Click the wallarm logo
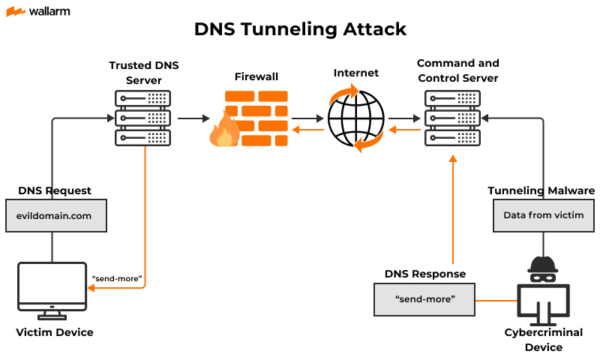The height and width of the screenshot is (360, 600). (x=38, y=11)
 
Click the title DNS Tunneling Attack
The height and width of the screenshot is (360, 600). (x=300, y=29)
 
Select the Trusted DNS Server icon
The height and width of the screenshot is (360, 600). (x=142, y=118)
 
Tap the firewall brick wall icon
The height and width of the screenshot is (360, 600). (x=256, y=118)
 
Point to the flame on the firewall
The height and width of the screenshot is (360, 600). (x=224, y=129)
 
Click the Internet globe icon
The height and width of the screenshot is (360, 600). (x=356, y=118)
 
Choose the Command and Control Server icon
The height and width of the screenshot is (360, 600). (x=453, y=118)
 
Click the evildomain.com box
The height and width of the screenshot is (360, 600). (x=56, y=215)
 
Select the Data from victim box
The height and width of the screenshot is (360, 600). (x=544, y=215)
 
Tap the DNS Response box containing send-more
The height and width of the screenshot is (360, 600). (x=424, y=299)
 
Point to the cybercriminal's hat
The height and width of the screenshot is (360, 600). (x=543, y=264)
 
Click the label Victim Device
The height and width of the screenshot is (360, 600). (x=55, y=332)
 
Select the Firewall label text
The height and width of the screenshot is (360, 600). (x=256, y=76)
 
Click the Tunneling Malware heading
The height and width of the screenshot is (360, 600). (x=541, y=190)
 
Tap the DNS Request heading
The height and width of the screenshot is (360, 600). (x=55, y=190)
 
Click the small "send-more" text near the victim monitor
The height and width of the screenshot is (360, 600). (x=117, y=278)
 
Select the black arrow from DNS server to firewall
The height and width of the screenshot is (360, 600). (x=193, y=118)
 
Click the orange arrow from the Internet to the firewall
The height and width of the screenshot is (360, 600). (x=308, y=130)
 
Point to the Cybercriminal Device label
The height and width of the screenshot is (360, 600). (x=544, y=340)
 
